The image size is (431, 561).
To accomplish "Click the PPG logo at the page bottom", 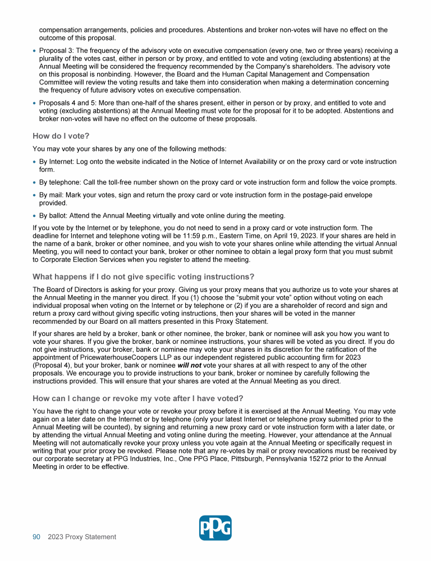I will [215, 528].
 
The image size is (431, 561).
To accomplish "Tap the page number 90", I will [36, 537].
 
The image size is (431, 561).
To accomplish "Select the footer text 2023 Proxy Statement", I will [82, 537].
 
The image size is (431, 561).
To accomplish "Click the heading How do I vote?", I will [61, 136].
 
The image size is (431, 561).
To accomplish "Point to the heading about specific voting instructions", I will [143, 277].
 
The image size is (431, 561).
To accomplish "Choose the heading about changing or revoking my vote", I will [137, 398].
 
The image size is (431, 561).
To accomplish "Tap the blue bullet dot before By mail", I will [35, 195].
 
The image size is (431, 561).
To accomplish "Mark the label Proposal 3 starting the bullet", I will [56, 50].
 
